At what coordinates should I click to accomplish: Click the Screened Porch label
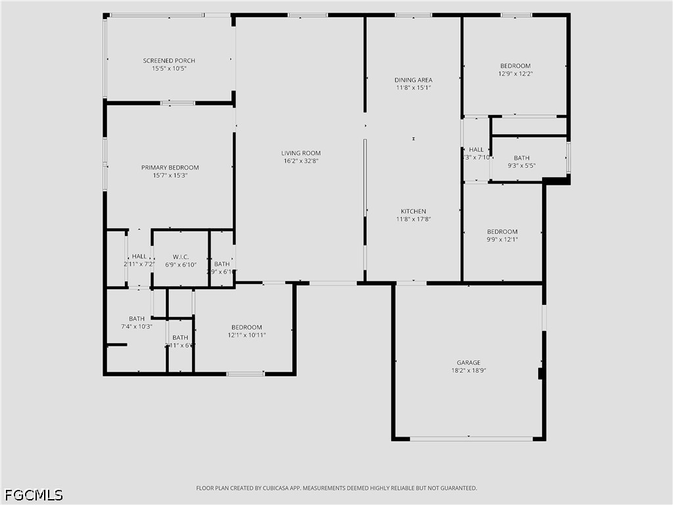click(x=169, y=60)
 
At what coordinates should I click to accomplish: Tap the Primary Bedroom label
click(x=170, y=168)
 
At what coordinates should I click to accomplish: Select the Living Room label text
click(x=301, y=153)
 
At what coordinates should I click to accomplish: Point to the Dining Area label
click(x=413, y=80)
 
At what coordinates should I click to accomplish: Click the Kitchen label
click(x=413, y=212)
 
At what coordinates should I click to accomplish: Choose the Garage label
click(x=469, y=362)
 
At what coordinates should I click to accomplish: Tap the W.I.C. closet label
click(x=181, y=256)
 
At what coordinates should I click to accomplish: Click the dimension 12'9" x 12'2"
click(x=515, y=74)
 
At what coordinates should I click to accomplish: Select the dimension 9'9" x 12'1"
click(x=502, y=239)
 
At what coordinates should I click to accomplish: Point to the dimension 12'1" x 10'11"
click(x=246, y=335)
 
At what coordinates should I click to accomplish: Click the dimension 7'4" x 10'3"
click(x=137, y=327)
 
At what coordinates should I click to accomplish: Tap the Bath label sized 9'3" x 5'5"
click(x=522, y=158)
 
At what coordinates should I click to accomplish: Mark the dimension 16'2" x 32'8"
click(x=301, y=161)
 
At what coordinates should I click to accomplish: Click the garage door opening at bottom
click(x=471, y=439)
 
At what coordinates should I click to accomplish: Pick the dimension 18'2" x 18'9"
click(x=469, y=370)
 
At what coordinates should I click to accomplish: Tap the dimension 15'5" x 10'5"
click(x=169, y=68)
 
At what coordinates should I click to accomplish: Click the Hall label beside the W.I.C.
click(x=139, y=256)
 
